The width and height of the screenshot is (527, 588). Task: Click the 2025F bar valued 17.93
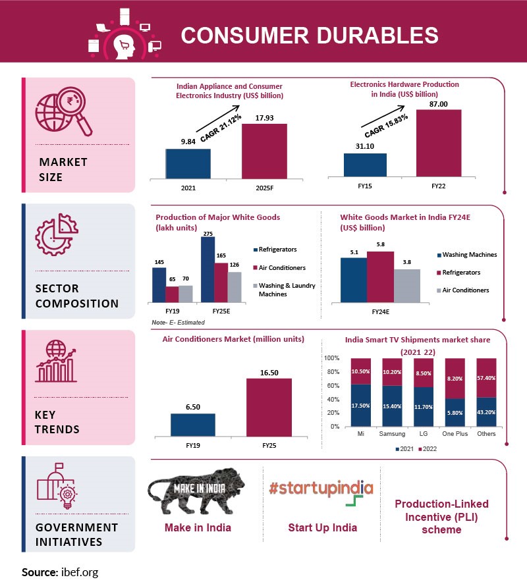(x=264, y=150)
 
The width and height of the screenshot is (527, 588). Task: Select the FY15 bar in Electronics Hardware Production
(x=365, y=165)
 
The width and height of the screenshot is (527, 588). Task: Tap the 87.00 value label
(x=439, y=104)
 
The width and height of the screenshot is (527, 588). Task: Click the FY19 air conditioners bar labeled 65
(x=171, y=294)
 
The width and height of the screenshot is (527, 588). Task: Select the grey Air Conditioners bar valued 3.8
(x=406, y=286)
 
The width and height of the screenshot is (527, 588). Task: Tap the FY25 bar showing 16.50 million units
(x=269, y=407)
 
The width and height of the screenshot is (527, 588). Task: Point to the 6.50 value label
(x=192, y=408)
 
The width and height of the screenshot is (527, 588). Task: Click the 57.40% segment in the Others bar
(x=486, y=377)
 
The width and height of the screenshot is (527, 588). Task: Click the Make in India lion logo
(x=198, y=491)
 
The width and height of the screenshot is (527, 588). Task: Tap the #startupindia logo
(x=321, y=489)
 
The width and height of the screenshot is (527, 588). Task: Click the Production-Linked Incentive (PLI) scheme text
(x=441, y=516)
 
